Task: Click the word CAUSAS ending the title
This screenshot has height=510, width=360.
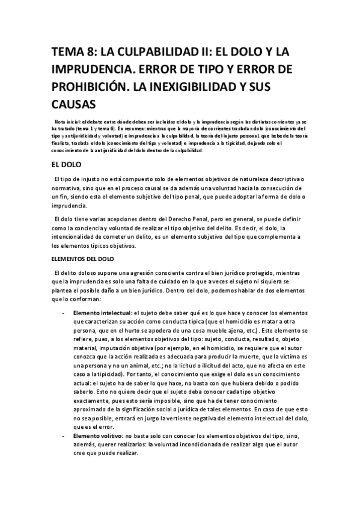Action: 76,104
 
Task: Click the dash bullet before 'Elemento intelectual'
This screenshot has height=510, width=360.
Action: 64,313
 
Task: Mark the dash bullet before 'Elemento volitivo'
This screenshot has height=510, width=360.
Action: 64,434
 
